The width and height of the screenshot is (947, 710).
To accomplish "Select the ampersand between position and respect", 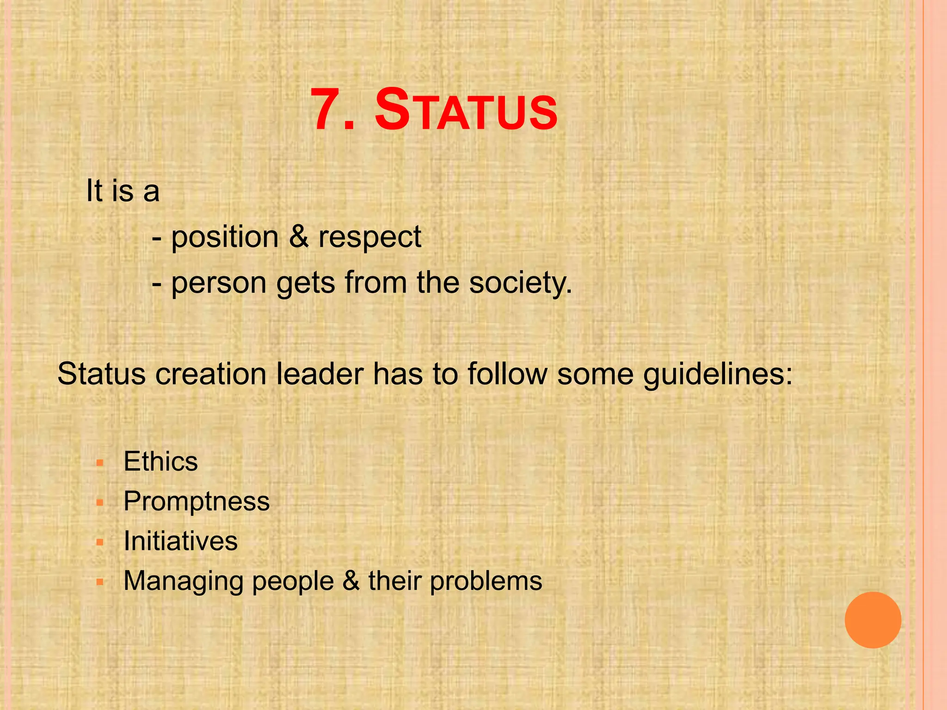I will [299, 237].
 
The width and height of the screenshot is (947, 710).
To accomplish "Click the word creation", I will [211, 373].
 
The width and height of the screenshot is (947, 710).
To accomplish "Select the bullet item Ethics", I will [160, 461].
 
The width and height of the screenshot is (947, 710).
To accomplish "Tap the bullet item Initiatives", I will [180, 541].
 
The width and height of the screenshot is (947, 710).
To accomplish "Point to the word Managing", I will [183, 581].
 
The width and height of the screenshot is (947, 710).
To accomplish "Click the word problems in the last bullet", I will [486, 581].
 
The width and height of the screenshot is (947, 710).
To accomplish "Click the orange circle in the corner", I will [873, 620].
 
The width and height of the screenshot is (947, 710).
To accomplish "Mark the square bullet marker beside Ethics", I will [99, 462].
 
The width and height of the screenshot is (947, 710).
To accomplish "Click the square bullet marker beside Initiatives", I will [99, 542].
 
